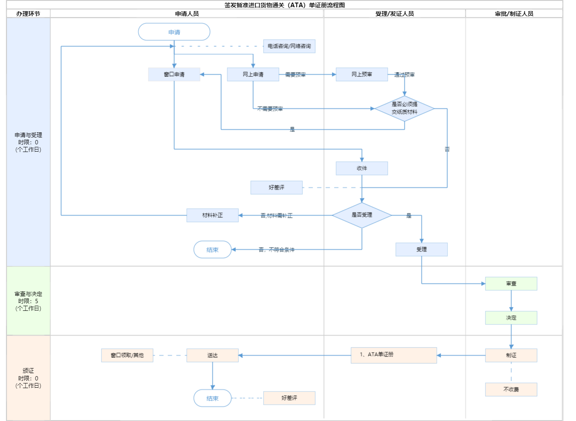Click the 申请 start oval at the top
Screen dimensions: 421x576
click(174, 32)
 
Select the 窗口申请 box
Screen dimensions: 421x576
click(174, 74)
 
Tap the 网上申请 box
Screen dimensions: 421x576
click(253, 74)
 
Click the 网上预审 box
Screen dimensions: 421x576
click(362, 74)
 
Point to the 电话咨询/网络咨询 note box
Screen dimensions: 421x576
click(289, 46)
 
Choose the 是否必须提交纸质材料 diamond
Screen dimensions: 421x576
click(404, 108)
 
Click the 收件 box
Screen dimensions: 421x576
click(362, 168)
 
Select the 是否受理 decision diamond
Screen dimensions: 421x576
click(362, 215)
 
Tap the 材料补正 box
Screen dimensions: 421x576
click(212, 215)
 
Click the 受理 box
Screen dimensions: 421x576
click(422, 249)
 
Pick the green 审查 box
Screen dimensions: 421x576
click(511, 284)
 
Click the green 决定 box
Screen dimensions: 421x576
click(511, 318)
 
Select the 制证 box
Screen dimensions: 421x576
click(511, 355)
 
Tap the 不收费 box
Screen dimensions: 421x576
click(511, 389)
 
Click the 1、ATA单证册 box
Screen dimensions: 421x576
click(394, 355)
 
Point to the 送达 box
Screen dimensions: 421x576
click(212, 355)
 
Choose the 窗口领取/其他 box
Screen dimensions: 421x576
click(127, 355)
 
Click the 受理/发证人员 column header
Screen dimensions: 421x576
click(395, 14)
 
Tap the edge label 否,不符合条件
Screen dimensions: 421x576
click(276, 250)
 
